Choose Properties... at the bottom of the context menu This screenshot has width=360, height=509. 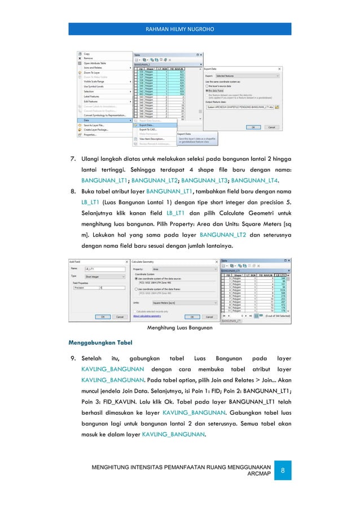tap(90, 135)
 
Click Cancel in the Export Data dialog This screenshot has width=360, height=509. tap(271, 127)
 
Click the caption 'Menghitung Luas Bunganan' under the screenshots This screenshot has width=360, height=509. tap(179, 327)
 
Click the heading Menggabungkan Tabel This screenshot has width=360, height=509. tap(98, 342)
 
